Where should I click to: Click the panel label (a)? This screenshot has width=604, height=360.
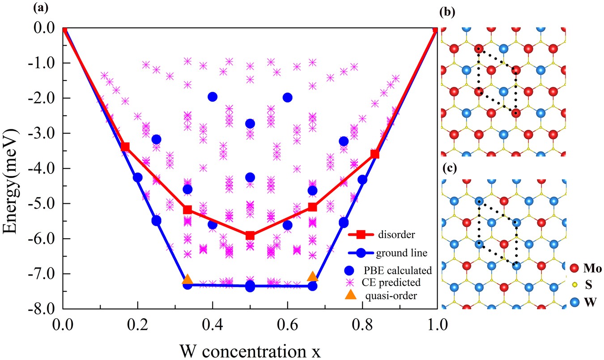tap(9, 7)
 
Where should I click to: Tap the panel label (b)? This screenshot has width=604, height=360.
tap(447, 12)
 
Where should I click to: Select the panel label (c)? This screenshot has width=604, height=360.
tap(447, 169)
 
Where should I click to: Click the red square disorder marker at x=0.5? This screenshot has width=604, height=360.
tap(250, 235)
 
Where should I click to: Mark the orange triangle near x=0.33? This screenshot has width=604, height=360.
tap(187, 280)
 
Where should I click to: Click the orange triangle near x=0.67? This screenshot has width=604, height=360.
tap(313, 277)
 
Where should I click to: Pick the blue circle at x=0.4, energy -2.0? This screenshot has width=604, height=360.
tap(213, 97)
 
